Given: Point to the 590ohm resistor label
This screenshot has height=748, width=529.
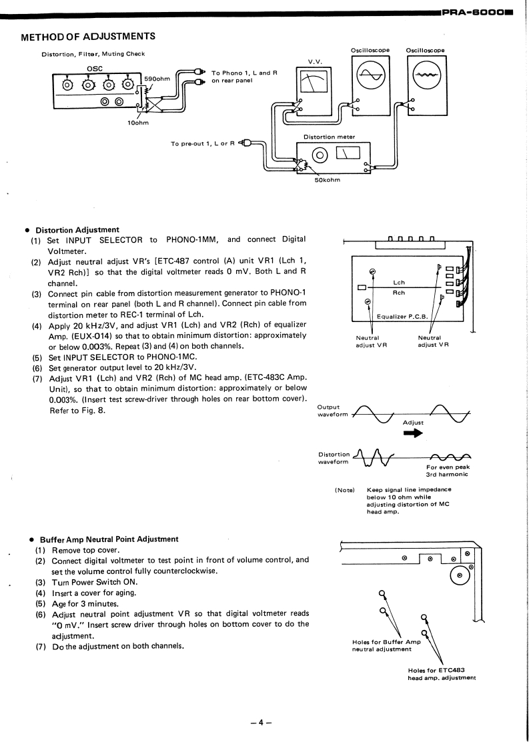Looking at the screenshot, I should pyautogui.click(x=157, y=79).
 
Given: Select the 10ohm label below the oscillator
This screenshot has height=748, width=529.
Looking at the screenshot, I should pyautogui.click(x=139, y=123).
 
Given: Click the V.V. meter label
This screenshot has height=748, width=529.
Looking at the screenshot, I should pyautogui.click(x=314, y=61).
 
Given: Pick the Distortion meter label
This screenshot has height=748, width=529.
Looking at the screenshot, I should pyautogui.click(x=329, y=137).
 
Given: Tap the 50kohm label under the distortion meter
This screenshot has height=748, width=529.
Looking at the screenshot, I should pyautogui.click(x=327, y=179).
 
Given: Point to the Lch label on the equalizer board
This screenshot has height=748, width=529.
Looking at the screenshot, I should pyautogui.click(x=398, y=283).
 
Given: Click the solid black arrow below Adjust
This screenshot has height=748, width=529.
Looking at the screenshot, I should pyautogui.click(x=414, y=433).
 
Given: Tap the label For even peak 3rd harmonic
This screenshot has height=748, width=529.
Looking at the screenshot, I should pyautogui.click(x=448, y=471).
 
